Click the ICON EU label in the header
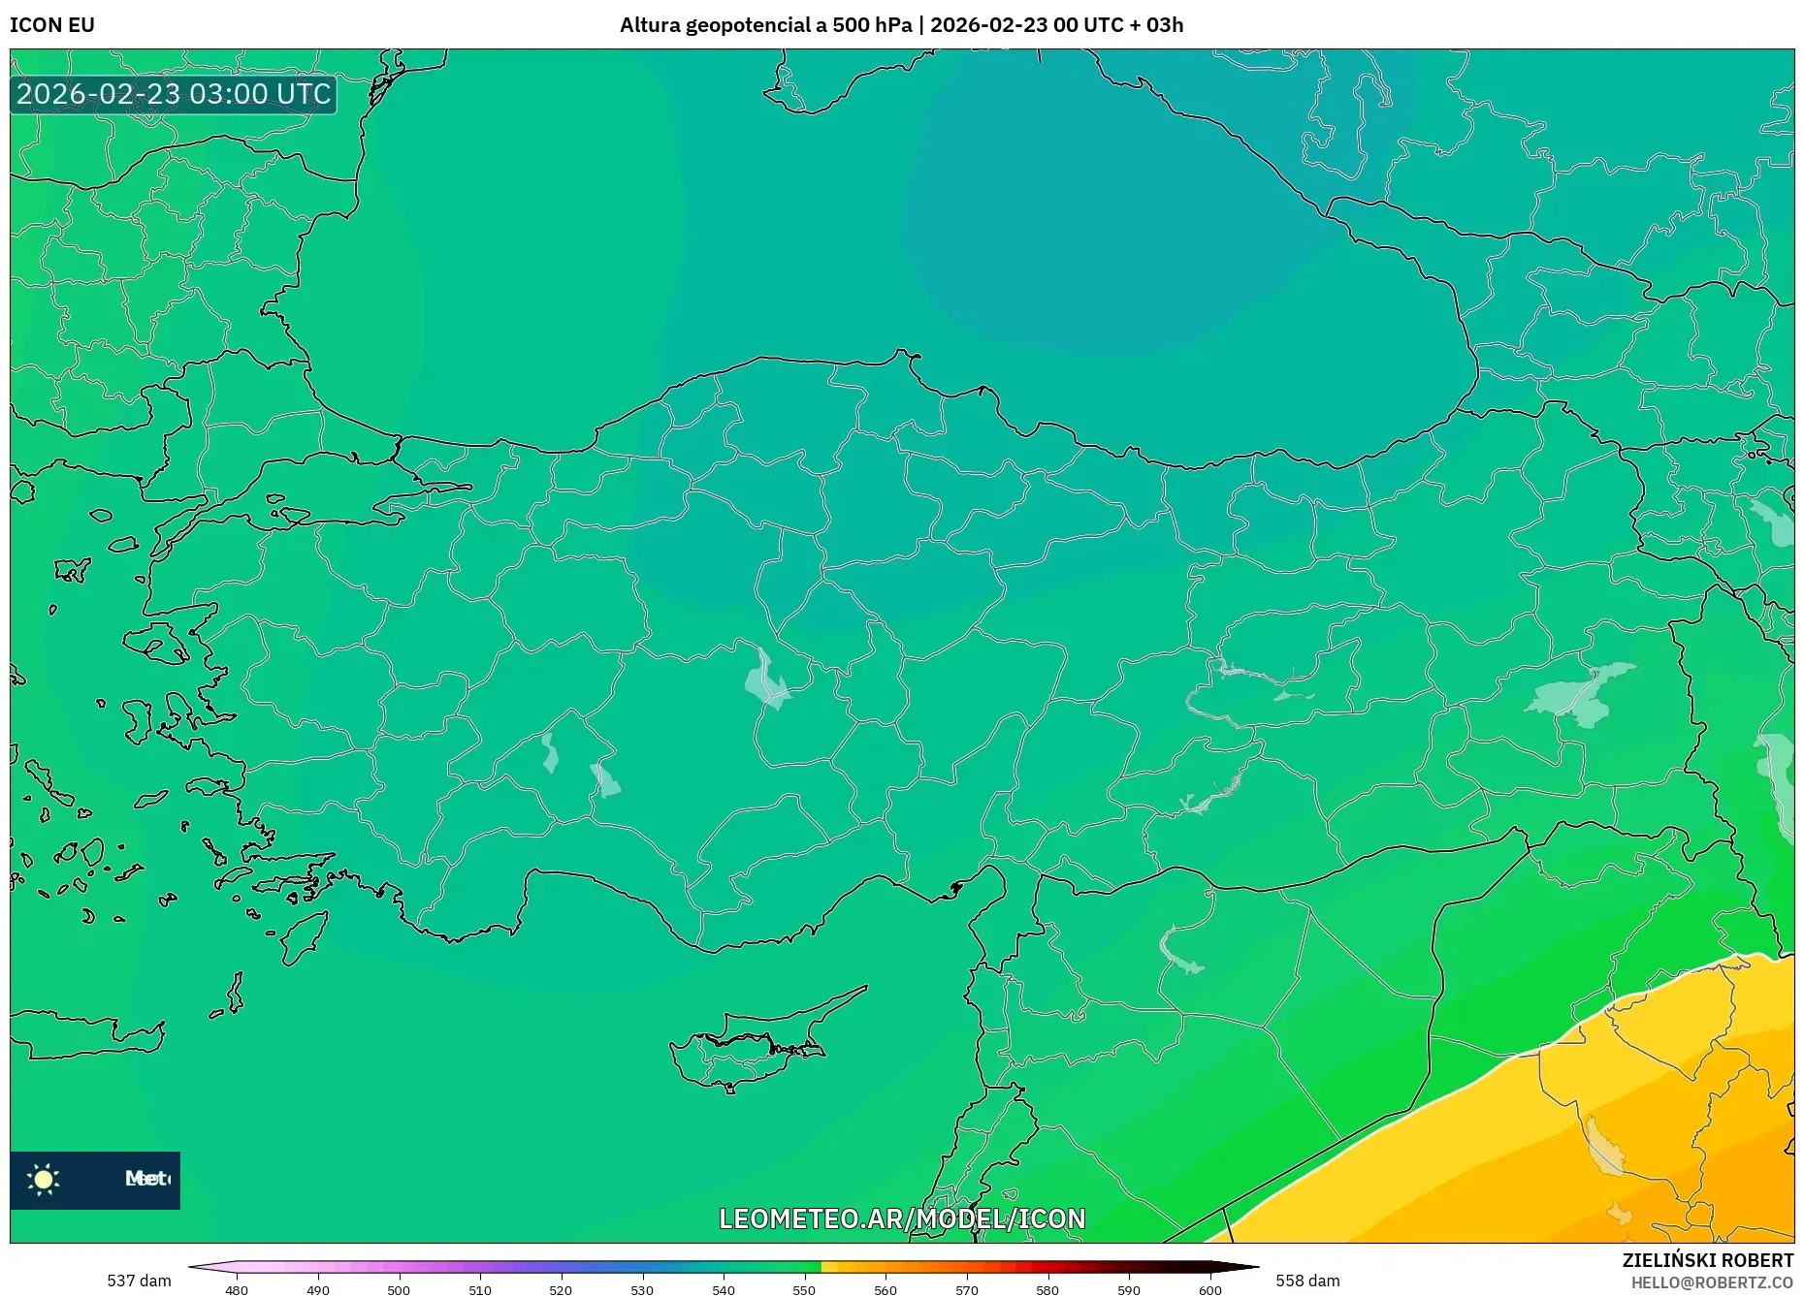52,25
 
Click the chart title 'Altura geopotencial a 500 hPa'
765,25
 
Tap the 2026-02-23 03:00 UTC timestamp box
174,94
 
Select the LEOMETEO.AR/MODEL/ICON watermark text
902,1218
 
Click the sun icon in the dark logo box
44,1180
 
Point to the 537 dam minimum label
139,1281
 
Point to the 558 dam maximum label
1307,1281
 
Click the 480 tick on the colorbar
237,1290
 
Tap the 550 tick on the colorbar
804,1290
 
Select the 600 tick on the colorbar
1209,1290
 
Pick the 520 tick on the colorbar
561,1290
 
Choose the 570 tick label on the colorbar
966,1290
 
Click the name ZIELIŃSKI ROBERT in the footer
1707,1260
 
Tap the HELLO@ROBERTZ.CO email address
1712,1282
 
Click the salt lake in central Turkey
766,679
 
